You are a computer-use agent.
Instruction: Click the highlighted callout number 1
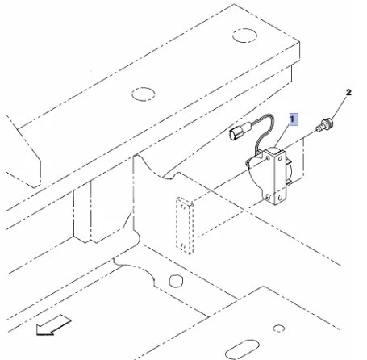(x=294, y=119)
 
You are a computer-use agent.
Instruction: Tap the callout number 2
(x=348, y=93)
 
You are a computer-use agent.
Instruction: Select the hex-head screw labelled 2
(x=324, y=126)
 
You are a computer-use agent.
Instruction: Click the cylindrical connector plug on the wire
(x=237, y=132)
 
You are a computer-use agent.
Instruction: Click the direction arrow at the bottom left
(x=54, y=325)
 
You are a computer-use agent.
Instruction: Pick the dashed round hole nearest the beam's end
(x=244, y=36)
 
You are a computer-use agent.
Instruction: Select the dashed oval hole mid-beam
(x=144, y=94)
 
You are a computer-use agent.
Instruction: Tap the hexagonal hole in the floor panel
(x=176, y=281)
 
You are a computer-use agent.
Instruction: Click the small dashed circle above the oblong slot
(x=279, y=329)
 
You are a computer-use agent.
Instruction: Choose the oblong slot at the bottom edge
(x=242, y=350)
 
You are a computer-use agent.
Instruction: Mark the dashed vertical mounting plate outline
(x=185, y=226)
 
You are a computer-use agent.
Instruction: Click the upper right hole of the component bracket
(x=280, y=158)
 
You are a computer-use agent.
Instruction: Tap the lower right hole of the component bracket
(x=280, y=198)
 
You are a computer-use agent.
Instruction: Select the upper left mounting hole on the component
(x=268, y=159)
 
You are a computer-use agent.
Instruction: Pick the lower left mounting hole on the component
(x=267, y=198)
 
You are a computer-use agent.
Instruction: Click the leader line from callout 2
(x=339, y=108)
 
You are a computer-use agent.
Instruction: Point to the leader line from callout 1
(x=283, y=136)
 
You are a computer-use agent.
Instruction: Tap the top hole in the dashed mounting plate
(x=183, y=207)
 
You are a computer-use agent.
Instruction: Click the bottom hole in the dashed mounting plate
(x=183, y=245)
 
